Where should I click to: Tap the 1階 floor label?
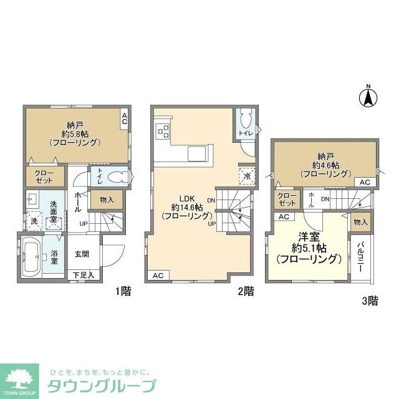(123, 291)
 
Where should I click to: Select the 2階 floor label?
(246, 291)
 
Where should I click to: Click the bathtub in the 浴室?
(32, 257)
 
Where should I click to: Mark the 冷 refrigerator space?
(248, 177)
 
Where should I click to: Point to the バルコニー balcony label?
(361, 257)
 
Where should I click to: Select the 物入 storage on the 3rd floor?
(360, 221)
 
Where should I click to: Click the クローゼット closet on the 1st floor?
(41, 176)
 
